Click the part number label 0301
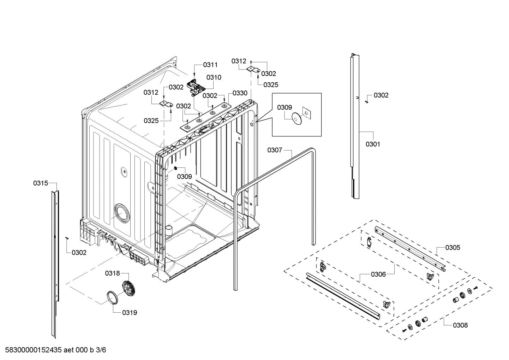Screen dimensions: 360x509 point(373,144)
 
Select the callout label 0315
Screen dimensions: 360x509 point(41,183)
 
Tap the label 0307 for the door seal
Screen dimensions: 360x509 point(275,150)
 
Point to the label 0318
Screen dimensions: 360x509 point(112,273)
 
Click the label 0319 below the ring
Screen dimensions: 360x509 point(130,313)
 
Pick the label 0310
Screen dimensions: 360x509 point(214,77)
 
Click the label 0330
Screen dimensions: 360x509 point(240,93)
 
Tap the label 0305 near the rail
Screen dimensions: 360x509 point(453,248)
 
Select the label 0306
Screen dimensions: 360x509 point(378,274)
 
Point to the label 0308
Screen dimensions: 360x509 point(460,325)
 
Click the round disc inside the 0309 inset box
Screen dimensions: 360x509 point(296,119)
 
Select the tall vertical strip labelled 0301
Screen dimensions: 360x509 point(354,124)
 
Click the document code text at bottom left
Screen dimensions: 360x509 point(53,350)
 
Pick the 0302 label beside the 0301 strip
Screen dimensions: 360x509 point(381,95)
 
